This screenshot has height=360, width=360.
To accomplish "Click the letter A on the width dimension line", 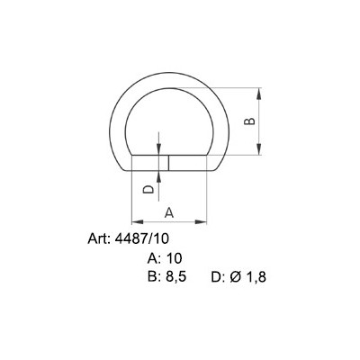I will point(168,211).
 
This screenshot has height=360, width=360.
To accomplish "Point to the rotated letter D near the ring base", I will point(149,189).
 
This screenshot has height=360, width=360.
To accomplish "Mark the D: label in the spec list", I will point(218,276).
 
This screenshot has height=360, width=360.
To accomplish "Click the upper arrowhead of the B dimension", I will point(260,92).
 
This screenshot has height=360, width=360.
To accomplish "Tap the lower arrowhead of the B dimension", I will point(260,152).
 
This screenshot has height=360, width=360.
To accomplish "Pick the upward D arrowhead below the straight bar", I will point(159,175).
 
